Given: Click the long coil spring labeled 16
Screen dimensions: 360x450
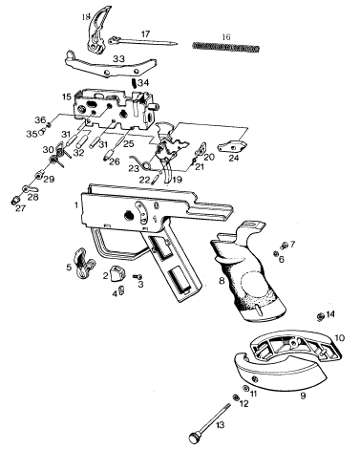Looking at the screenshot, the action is click(226, 48).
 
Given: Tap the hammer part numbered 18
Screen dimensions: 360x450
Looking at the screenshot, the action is click(97, 32).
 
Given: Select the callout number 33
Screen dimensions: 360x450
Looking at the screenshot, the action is click(118, 59).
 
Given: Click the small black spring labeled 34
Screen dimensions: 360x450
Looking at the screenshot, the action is click(134, 83).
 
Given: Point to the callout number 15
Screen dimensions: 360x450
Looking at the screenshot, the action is click(67, 96).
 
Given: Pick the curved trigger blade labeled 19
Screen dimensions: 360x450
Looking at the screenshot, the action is click(168, 172).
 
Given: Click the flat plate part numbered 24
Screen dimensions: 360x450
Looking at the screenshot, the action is click(232, 146).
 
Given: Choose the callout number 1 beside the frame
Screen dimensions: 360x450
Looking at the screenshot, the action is click(76, 204).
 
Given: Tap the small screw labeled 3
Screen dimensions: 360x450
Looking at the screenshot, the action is click(138, 276).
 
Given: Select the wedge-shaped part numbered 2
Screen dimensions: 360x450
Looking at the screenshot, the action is click(116, 273).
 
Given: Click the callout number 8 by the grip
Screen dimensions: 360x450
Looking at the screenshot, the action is click(222, 281).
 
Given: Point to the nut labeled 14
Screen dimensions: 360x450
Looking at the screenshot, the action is click(321, 316).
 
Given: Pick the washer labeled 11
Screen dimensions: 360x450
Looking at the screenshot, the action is click(245, 389).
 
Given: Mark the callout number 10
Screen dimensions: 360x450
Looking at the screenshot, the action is click(340, 337).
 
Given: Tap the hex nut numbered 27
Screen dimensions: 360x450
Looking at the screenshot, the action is click(14, 201).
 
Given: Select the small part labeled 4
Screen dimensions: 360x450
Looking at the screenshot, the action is click(121, 289).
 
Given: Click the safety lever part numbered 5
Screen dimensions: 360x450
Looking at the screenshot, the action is click(84, 264).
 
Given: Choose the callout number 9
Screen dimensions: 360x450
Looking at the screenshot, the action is click(303, 396).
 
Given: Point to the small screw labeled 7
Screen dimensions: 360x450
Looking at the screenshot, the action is click(284, 246).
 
